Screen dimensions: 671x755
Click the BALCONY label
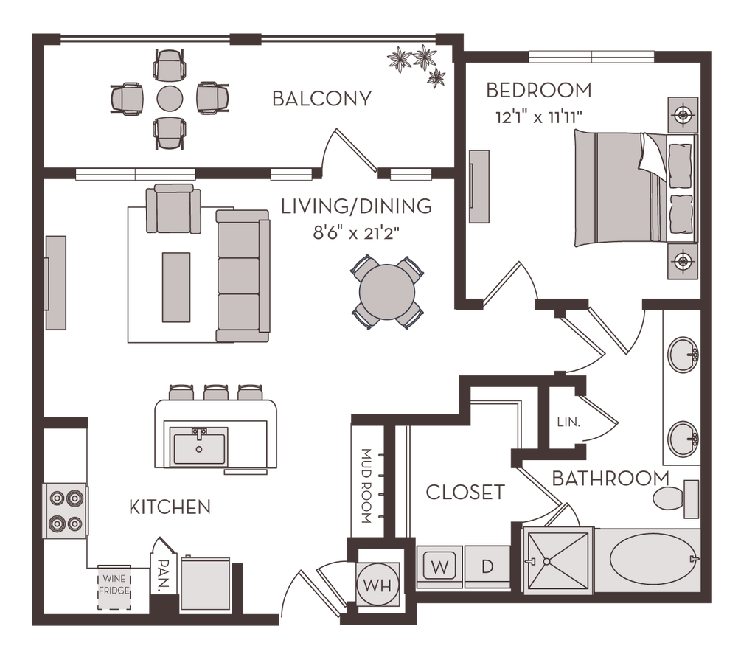coord(321,99)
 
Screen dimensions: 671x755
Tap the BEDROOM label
coord(538,91)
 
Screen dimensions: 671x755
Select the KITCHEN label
coord(170,507)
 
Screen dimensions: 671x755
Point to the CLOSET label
coord(465,492)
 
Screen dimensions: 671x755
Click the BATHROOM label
coord(610,479)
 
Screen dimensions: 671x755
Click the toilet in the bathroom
coord(672,498)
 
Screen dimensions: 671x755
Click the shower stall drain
coord(547,562)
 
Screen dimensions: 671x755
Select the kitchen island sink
coord(199,447)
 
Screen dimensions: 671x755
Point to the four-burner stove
coord(65,511)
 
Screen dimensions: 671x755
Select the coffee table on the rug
coord(175,287)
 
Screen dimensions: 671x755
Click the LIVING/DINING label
coord(356,207)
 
